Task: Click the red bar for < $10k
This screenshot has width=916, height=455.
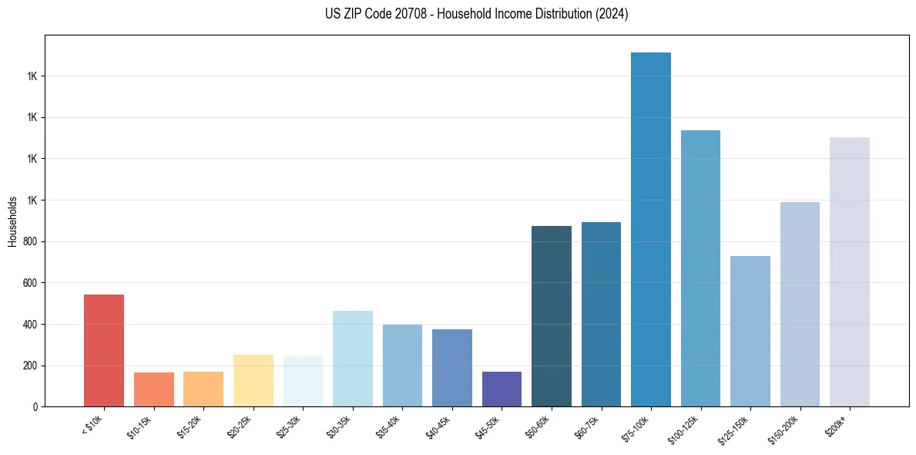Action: click(x=104, y=351)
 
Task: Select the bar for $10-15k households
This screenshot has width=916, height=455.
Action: click(x=154, y=389)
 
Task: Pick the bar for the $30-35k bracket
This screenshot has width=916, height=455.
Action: click(x=353, y=359)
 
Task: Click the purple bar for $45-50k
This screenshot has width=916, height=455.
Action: click(x=502, y=389)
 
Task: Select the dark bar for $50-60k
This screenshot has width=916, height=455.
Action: click(x=552, y=316)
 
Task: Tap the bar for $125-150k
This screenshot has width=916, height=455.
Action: click(x=750, y=332)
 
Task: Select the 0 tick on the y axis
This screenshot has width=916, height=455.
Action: click(x=35, y=407)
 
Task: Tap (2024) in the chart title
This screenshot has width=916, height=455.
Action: click(x=612, y=14)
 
